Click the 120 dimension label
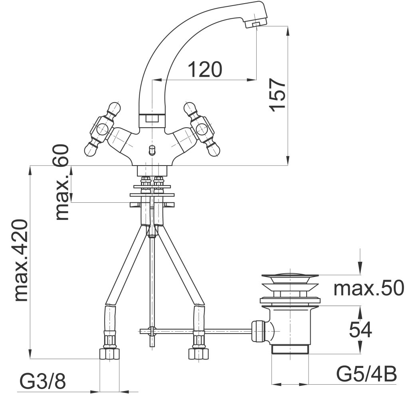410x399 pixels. pos(205,69)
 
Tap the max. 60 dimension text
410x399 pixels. pos(62,182)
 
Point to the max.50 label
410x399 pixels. pos(369,288)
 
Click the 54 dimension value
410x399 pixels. pos(360,330)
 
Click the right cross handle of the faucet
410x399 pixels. pos(202,129)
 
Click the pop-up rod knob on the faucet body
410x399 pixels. pos(151,150)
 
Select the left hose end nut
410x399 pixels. pos(109,354)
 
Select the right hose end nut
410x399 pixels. pos(198,354)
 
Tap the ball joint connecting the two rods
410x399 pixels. pos(151,331)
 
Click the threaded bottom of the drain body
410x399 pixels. pos(290,349)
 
